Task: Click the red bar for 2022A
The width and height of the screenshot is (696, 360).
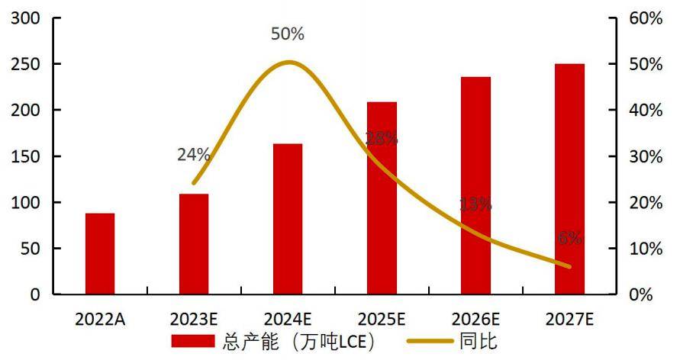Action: (100, 253)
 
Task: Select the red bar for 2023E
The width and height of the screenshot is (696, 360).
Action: (194, 244)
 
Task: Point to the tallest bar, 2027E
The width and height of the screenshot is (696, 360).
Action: (569, 178)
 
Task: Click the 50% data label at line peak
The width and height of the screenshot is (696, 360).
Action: (288, 34)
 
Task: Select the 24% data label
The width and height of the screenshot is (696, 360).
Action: (193, 155)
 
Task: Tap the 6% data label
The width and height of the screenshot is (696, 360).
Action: (569, 238)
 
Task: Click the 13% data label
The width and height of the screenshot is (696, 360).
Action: (475, 204)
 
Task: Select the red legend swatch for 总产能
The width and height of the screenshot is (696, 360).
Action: (195, 340)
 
